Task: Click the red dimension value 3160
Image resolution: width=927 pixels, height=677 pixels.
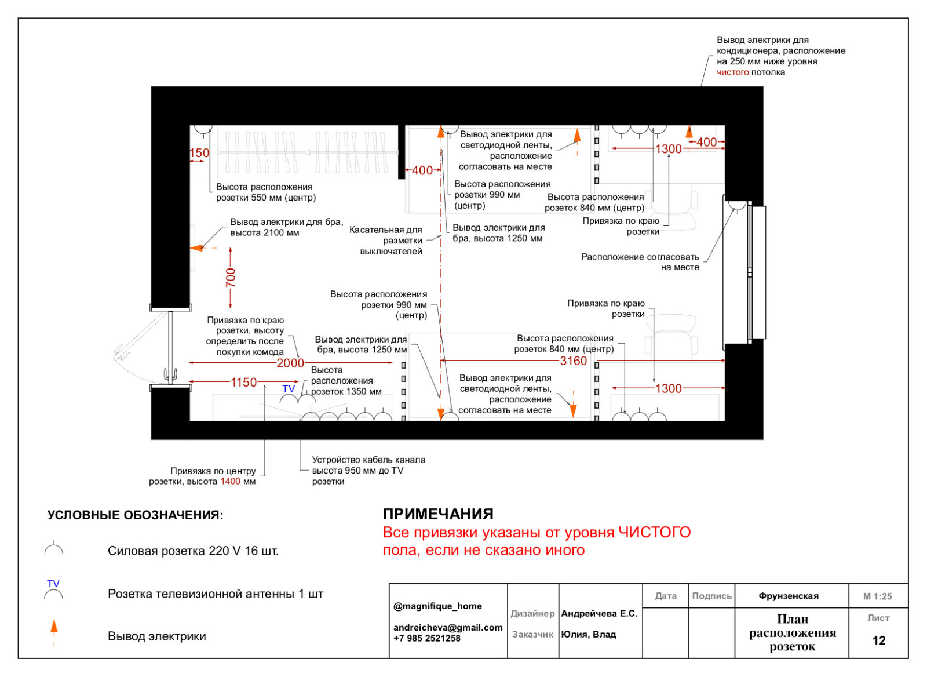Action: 573,361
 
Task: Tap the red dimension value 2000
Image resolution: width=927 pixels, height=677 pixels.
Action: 290,363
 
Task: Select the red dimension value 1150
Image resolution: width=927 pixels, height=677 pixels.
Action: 243,383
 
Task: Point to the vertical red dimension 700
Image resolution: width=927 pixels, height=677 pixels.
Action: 231,278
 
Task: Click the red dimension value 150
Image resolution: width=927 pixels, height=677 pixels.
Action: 199,153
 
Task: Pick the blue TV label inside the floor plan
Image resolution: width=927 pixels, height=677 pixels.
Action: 289,388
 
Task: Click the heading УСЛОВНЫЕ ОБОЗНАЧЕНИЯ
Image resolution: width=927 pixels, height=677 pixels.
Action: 135,515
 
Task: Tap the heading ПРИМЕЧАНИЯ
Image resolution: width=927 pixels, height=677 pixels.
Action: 438,514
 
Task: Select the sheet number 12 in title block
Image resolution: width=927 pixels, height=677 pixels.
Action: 879,640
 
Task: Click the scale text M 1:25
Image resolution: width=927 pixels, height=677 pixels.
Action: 878,596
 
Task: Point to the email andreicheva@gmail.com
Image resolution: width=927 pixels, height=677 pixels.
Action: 448,627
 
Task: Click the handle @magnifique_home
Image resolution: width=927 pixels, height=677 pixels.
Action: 437,606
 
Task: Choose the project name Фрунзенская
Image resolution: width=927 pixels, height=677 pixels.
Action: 789,596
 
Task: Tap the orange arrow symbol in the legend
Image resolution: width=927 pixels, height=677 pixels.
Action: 54,628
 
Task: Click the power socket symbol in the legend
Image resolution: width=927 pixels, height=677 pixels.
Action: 54,549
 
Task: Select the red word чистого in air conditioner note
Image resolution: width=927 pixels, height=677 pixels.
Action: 732,72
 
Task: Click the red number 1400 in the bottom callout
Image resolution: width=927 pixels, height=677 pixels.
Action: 230,482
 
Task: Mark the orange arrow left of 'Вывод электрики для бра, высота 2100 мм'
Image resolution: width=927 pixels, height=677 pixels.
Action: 197,247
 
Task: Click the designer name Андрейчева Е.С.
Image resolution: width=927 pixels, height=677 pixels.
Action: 599,613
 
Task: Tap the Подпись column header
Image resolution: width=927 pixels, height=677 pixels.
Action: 711,596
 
